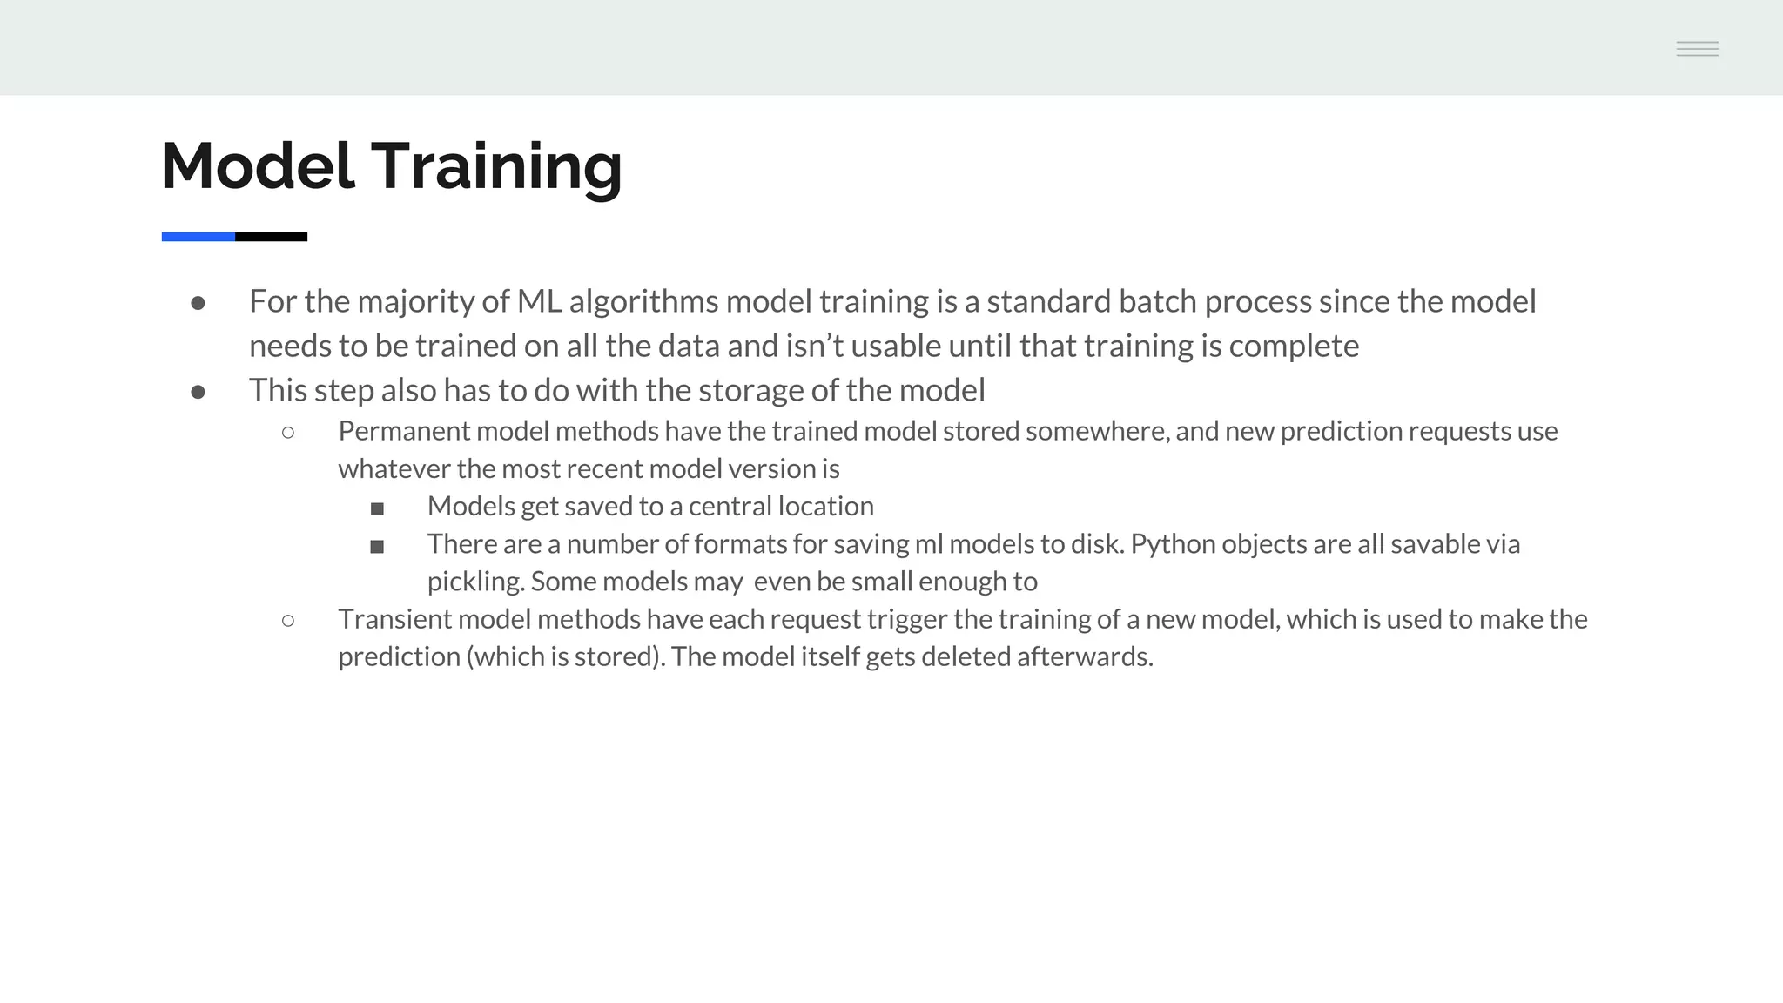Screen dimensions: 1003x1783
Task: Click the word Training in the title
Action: coord(497,166)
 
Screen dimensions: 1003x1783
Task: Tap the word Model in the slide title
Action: coord(258,166)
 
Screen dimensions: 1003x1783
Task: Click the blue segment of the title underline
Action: coord(198,237)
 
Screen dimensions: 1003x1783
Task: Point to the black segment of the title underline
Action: coord(271,237)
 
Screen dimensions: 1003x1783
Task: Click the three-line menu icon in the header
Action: coord(1697,49)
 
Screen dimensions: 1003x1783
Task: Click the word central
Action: coord(730,507)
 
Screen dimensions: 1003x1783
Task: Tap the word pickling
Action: coord(475,582)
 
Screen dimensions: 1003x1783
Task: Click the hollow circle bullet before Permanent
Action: coord(288,432)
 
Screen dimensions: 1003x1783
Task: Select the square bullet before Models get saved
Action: coord(377,508)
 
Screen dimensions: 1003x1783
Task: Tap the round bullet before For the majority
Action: coord(198,303)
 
